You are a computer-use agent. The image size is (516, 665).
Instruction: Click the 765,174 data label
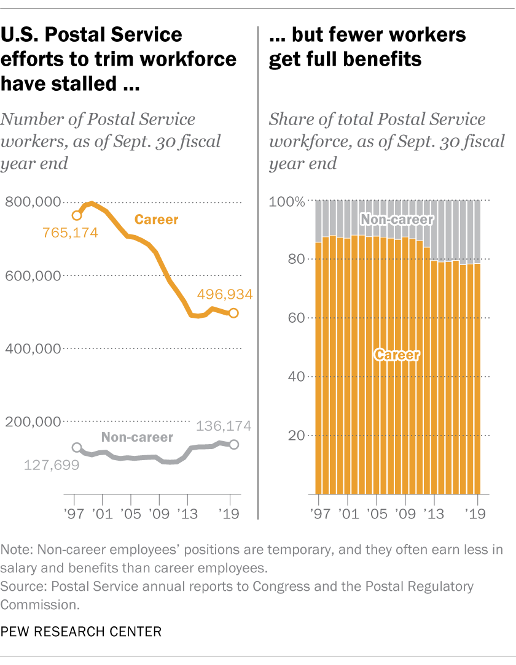click(x=70, y=233)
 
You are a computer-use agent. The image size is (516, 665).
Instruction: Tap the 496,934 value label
click(x=225, y=294)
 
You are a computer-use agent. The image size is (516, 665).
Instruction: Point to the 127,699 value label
click(x=52, y=464)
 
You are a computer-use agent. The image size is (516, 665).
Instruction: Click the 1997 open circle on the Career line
click(x=77, y=215)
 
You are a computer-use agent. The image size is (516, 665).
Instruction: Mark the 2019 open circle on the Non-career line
click(x=234, y=444)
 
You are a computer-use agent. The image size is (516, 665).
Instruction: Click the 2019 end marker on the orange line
click(x=234, y=313)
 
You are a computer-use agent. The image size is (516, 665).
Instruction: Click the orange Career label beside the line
click(x=156, y=219)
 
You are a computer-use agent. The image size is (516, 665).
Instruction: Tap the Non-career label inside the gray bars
click(x=397, y=219)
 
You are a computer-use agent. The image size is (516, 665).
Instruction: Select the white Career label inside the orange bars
click(x=397, y=355)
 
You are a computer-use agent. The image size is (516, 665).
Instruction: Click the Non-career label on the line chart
click(x=137, y=437)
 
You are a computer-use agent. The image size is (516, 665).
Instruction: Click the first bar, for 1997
click(x=318, y=368)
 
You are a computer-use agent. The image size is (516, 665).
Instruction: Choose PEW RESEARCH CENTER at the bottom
click(x=81, y=631)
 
